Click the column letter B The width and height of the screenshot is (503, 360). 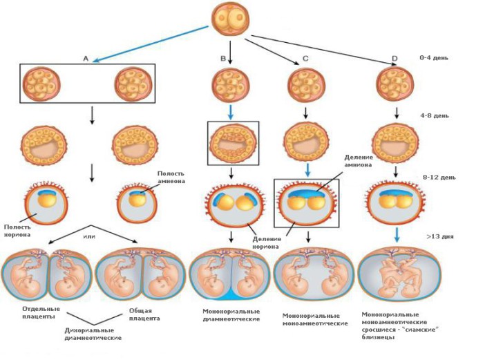pos(223,59)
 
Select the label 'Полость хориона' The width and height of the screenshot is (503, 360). pos(17,230)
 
